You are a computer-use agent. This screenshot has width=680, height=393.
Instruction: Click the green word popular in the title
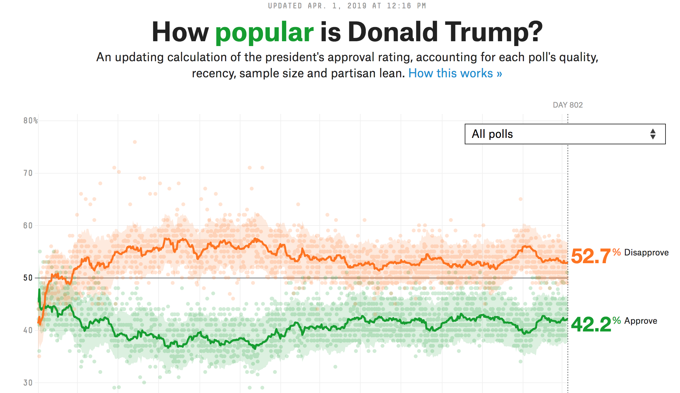[264, 32]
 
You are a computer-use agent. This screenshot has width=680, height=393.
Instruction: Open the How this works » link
[455, 73]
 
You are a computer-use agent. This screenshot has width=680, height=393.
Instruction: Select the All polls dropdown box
[565, 134]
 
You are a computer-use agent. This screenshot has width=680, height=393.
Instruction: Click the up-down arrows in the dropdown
[653, 134]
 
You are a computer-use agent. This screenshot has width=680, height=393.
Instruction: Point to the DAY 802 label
[568, 105]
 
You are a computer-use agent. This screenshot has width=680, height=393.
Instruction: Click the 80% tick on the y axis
[30, 121]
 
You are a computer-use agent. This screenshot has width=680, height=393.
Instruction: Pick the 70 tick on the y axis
[28, 173]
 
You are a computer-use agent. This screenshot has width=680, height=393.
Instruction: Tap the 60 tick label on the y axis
[28, 226]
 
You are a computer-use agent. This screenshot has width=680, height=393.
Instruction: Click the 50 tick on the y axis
[28, 278]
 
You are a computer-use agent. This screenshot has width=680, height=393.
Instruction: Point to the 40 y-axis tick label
[28, 331]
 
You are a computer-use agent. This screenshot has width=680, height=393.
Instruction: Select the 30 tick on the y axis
[28, 383]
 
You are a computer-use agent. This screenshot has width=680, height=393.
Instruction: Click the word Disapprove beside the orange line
[646, 253]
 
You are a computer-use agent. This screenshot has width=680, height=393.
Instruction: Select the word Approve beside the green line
[640, 321]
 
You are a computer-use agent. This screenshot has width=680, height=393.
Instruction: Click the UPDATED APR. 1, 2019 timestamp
[347, 6]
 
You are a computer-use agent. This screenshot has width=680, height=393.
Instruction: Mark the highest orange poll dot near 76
[135, 142]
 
